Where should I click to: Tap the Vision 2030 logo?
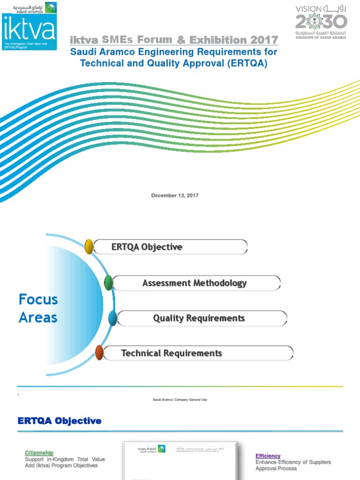[321, 22]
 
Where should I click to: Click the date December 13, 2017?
[175, 195]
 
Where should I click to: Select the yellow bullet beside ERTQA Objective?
[89, 247]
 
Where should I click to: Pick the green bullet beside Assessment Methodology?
[108, 282]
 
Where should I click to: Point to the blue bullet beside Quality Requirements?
[112, 318]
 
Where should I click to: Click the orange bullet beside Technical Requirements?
[99, 352]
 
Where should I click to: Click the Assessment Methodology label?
[195, 283]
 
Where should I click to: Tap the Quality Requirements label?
[199, 318]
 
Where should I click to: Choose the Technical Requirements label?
[172, 353]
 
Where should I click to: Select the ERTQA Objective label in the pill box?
[147, 247]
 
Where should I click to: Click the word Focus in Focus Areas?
[38, 299]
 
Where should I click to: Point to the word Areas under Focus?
[38, 317]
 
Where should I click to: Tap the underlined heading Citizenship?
[39, 452]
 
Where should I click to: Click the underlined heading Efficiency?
[268, 456]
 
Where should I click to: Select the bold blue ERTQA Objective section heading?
[60, 421]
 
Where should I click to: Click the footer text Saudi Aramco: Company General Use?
[180, 399]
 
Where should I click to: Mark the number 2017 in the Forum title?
[264, 40]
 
